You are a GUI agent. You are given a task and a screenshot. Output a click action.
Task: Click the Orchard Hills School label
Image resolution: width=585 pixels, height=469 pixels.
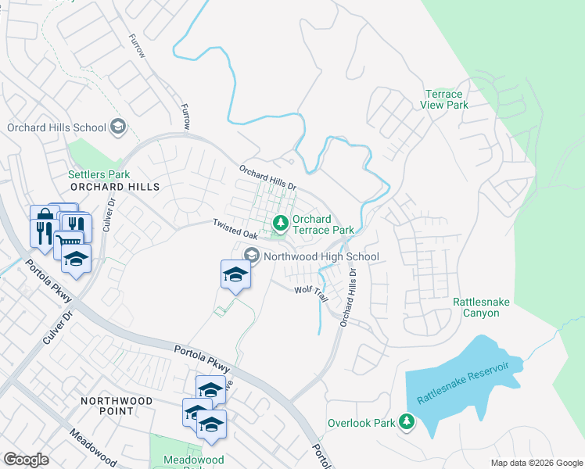(56, 127)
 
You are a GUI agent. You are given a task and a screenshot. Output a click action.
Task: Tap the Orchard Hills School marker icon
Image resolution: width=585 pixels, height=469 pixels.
(118, 127)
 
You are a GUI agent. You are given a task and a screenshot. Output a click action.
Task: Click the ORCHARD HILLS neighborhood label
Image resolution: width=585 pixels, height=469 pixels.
(114, 187)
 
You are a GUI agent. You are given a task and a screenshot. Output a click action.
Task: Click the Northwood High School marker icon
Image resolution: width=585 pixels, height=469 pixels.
(252, 256)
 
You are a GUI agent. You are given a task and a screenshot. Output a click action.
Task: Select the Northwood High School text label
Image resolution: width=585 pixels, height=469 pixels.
(321, 256)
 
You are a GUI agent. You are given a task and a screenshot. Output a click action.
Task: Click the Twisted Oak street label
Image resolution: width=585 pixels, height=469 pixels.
(235, 229)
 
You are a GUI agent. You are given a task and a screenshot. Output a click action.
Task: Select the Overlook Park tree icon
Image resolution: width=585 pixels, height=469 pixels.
(406, 422)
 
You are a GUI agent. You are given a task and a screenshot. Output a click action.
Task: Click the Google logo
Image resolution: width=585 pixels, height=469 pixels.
(26, 460)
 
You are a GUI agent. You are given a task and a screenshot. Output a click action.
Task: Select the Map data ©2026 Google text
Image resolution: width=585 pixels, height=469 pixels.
(536, 463)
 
